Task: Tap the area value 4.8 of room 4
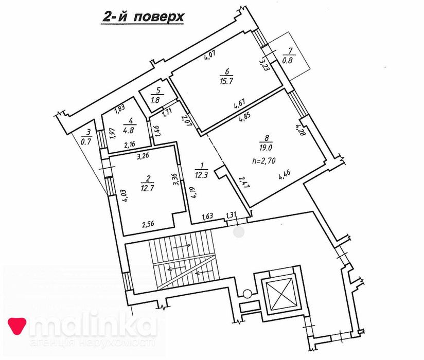[128, 130]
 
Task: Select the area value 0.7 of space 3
[89, 141]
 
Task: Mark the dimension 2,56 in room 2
[149, 224]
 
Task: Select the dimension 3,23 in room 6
[264, 65]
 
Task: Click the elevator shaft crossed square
[280, 294]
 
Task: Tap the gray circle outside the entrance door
[239, 232]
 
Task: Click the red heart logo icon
[16, 326]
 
